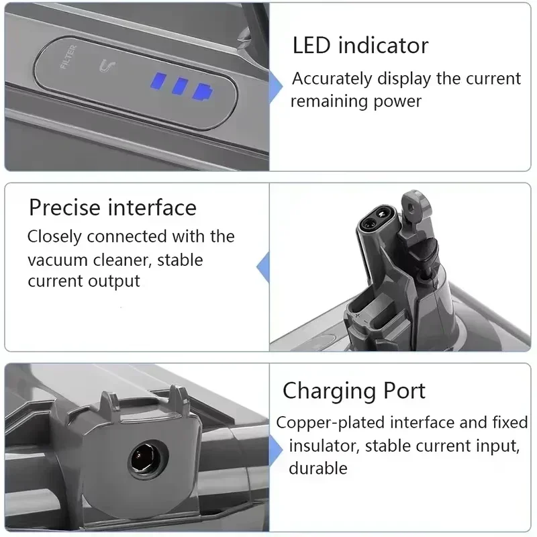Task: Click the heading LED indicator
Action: coord(360,46)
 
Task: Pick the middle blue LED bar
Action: coord(180,87)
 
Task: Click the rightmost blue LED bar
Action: coord(200,90)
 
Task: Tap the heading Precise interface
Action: coord(113,207)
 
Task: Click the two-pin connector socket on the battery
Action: coord(373,222)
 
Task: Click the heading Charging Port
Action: coord(354,391)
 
